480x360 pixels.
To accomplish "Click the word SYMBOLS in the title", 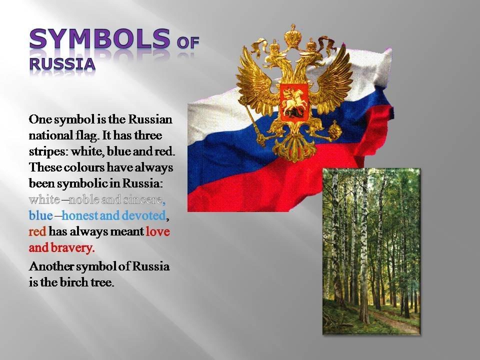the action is (100, 38).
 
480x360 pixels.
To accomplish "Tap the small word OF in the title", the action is (188, 43).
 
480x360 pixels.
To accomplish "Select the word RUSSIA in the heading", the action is (62, 64).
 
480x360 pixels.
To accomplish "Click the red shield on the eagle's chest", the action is (294, 102).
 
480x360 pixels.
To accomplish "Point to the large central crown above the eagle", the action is (292, 36).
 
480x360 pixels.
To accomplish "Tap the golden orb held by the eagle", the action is (334, 130).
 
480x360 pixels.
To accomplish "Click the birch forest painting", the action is (371, 251).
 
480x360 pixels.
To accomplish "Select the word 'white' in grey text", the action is (44, 199).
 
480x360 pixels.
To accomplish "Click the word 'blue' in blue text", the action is (40, 215).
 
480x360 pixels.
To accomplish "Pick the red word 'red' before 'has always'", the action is (37, 231).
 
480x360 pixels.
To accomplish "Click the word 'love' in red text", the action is (157, 231).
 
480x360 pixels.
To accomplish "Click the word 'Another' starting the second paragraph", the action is (51, 266).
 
